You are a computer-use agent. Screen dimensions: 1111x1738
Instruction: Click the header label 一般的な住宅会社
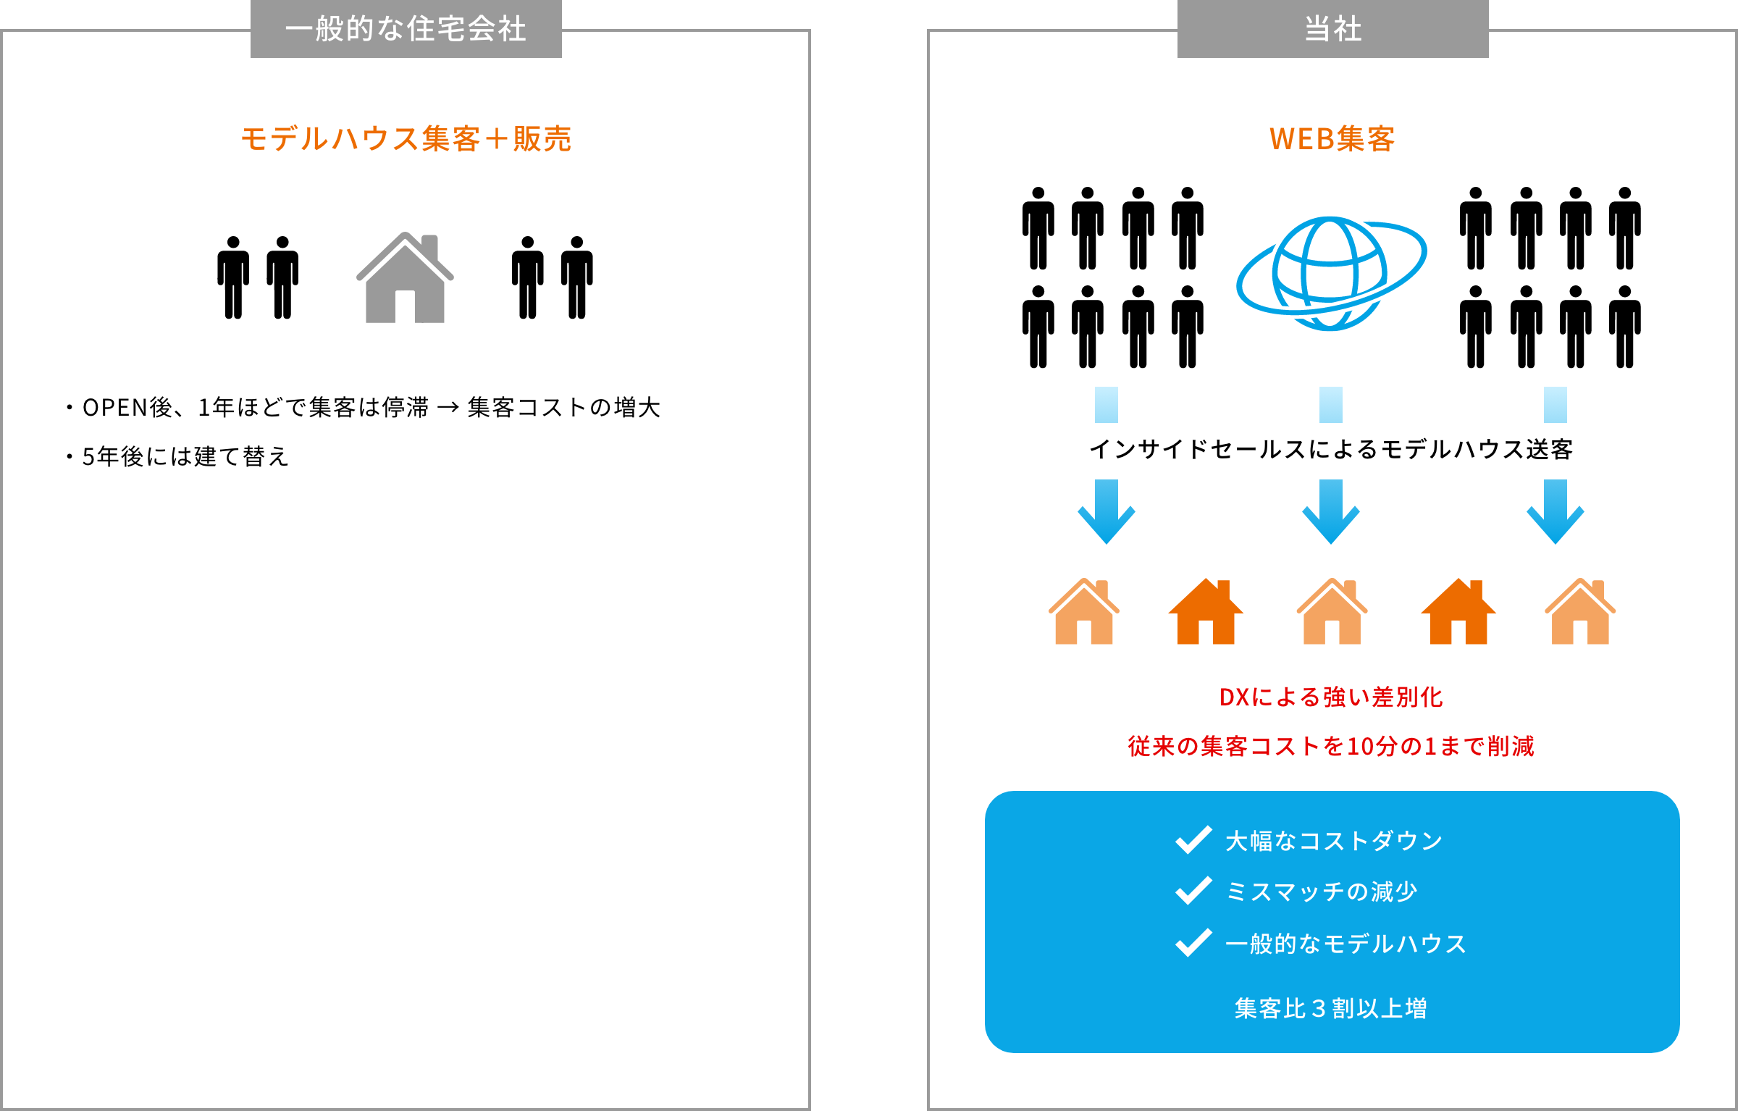(x=406, y=29)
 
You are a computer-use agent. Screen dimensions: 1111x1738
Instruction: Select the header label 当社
(x=1332, y=29)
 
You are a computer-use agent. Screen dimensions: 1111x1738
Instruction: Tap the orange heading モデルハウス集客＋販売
(x=406, y=138)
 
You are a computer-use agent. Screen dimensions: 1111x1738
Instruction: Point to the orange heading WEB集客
(x=1332, y=138)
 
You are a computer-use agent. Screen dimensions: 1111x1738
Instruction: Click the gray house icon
(x=405, y=279)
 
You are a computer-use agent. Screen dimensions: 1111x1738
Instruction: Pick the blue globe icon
(x=1330, y=273)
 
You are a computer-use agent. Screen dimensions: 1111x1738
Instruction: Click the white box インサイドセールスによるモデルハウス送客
(x=1330, y=450)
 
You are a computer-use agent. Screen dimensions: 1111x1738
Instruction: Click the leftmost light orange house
(x=1084, y=613)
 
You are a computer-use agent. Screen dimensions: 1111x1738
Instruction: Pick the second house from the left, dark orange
(x=1206, y=613)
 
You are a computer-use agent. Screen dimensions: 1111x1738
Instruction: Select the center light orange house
(x=1332, y=613)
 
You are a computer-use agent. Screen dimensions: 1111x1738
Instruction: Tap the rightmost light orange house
(x=1580, y=613)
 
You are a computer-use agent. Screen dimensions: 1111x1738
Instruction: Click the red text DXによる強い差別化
(x=1331, y=697)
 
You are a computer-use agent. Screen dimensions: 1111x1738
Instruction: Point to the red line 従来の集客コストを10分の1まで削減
(x=1331, y=746)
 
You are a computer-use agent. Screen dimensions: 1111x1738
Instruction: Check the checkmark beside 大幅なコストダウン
(x=1193, y=840)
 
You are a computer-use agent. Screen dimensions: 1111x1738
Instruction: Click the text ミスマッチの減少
(x=1321, y=892)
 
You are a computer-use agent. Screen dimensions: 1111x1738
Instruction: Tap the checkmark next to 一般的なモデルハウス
(x=1193, y=943)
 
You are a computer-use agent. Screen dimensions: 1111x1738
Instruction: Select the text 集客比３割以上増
(x=1331, y=1008)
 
